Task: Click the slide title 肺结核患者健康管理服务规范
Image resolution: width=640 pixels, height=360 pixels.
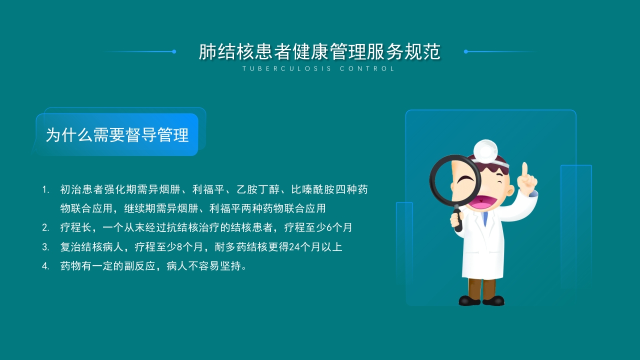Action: (x=319, y=52)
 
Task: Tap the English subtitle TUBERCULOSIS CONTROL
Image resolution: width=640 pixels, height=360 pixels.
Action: (x=319, y=69)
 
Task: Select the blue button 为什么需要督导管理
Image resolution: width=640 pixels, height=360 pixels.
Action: (x=117, y=135)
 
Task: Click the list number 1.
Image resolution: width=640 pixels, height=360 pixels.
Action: (x=45, y=190)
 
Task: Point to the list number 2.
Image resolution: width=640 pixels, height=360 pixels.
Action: (x=45, y=228)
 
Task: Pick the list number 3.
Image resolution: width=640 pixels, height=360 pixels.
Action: (x=45, y=247)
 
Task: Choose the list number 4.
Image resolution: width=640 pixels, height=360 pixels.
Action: (x=45, y=266)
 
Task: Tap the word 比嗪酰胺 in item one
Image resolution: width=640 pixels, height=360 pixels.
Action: (x=311, y=190)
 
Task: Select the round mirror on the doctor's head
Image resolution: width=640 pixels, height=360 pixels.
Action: (x=485, y=148)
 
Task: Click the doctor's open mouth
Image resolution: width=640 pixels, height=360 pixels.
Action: (x=482, y=201)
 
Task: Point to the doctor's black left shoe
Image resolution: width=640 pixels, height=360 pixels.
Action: (x=469, y=300)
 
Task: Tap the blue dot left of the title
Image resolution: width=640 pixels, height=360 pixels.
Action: (x=174, y=51)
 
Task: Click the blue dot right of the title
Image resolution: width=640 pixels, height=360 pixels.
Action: (x=465, y=51)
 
